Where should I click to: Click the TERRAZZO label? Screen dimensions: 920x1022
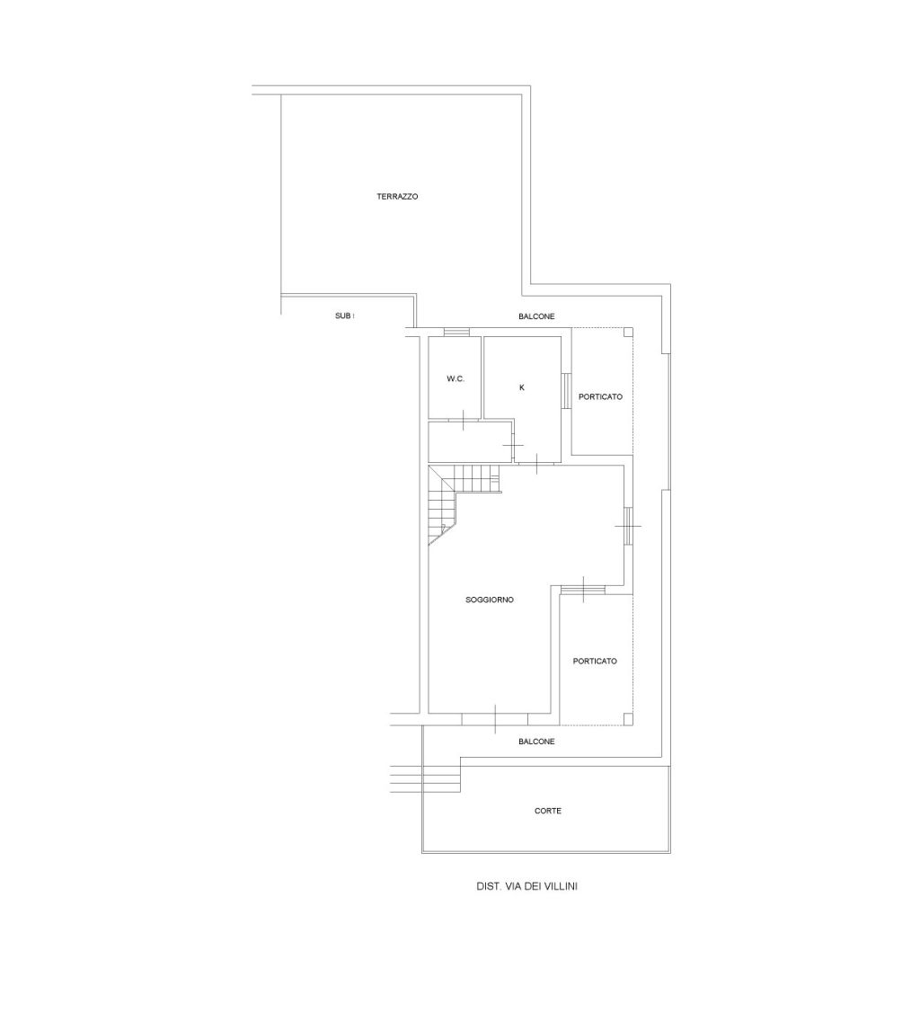pos(397,196)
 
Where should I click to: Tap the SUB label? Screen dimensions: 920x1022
pos(345,316)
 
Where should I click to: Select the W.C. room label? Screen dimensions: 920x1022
pos(456,378)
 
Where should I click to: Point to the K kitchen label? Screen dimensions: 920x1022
pos(521,387)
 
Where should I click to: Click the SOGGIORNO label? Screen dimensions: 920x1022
pos(490,600)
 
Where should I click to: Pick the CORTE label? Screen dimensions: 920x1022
pos(547,811)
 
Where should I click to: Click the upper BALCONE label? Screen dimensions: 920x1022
pos(536,316)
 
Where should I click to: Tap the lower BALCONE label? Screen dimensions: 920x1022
pos(536,742)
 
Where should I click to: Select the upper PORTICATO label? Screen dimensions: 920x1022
pos(600,396)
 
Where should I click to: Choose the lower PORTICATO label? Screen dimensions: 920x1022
pos(594,661)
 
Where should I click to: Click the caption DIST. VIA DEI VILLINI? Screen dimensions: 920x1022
pos(526,886)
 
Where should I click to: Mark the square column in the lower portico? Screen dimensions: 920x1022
pos(627,718)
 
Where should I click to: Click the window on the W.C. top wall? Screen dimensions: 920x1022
pos(456,332)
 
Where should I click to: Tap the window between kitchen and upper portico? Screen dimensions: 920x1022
pos(566,390)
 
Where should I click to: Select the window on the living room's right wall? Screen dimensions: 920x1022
pos(627,525)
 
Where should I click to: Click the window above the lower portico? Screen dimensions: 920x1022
pos(583,590)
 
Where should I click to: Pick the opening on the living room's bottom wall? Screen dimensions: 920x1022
pos(494,719)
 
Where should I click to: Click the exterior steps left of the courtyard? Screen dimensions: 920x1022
pos(426,779)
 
